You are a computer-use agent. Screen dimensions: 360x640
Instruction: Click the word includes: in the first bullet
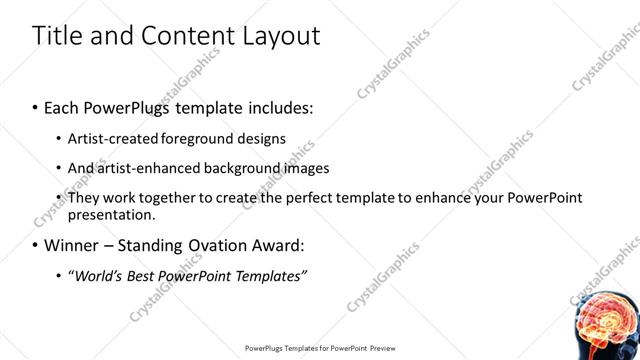pos(281,106)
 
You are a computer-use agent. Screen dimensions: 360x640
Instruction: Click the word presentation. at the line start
pos(111,215)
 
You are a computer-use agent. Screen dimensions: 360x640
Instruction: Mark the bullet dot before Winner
pos(36,245)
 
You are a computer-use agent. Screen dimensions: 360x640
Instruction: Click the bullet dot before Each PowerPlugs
pos(36,106)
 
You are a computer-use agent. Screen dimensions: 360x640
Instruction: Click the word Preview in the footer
pos(380,349)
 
